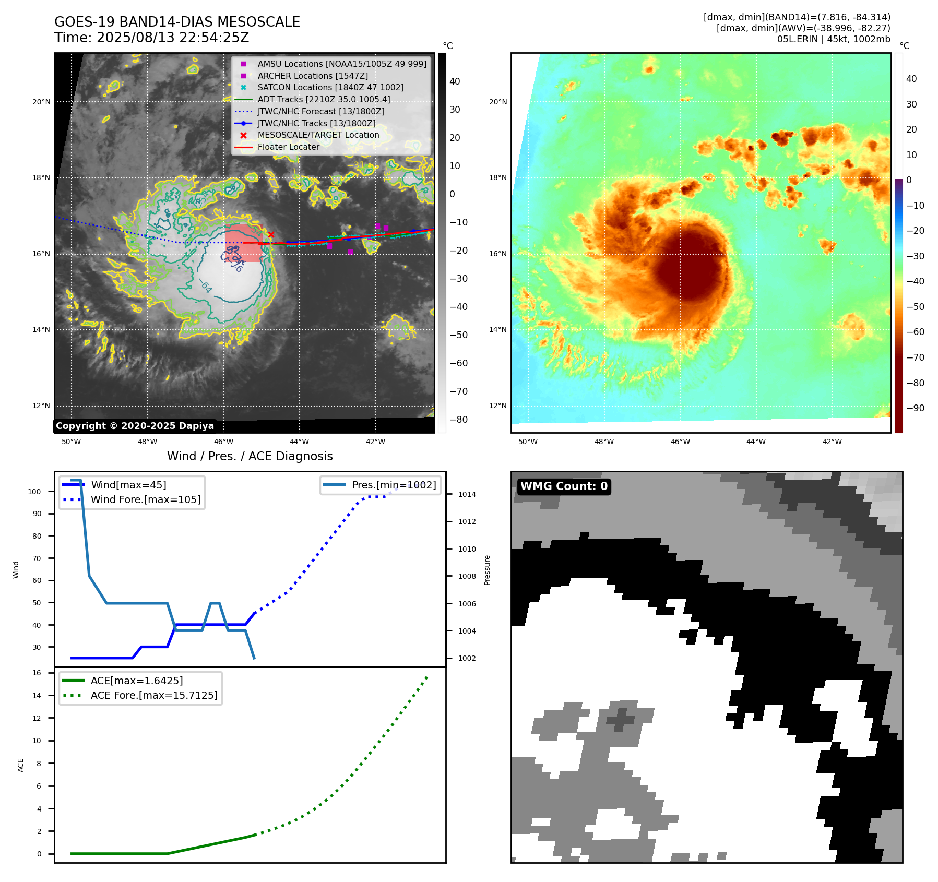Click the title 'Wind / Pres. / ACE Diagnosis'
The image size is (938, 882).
point(250,456)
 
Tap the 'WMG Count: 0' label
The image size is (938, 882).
point(564,486)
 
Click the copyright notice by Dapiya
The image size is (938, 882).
point(135,426)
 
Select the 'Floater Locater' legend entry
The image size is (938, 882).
point(288,147)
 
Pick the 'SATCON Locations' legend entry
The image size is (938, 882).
point(330,88)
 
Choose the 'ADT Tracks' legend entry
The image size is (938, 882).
point(324,100)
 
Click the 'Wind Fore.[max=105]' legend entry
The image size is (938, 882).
point(145,499)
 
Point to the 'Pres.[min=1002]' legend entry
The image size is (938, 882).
point(394,485)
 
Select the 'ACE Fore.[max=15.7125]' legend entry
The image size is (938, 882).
point(154,695)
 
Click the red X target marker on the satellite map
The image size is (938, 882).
point(271,235)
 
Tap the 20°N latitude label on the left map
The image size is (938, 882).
point(41,102)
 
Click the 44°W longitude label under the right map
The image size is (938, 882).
point(756,442)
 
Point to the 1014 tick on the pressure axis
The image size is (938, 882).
point(467,494)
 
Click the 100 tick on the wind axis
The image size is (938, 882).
point(34,492)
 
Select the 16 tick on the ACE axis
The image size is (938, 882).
point(37,673)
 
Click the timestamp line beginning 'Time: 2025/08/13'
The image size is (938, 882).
point(151,38)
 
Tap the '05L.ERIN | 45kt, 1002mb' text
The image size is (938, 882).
point(833,39)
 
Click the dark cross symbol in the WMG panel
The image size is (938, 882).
point(620,720)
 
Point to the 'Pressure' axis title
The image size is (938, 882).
point(487,570)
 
